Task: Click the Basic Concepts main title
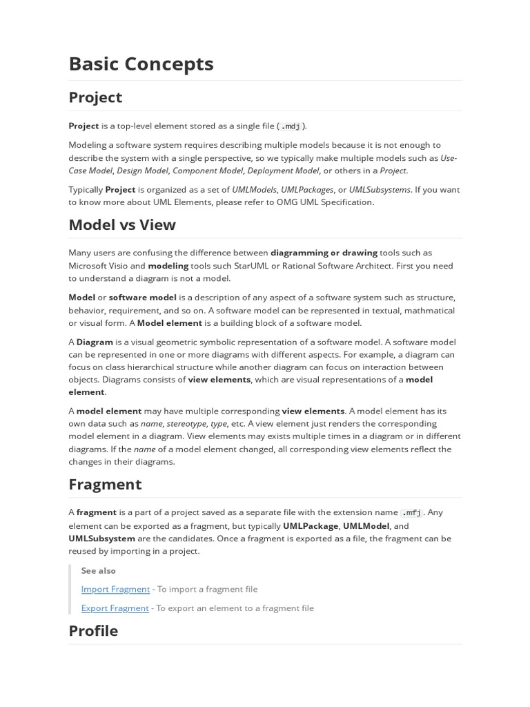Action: pyautogui.click(x=141, y=64)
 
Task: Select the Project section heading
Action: pyautogui.click(x=95, y=97)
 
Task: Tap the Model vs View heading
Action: pyautogui.click(x=122, y=224)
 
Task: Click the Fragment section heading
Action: pyautogui.click(x=105, y=484)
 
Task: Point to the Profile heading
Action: pyautogui.click(x=93, y=630)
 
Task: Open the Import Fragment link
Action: pyautogui.click(x=115, y=589)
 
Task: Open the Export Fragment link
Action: pyautogui.click(x=115, y=608)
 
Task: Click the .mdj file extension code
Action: pyautogui.click(x=291, y=126)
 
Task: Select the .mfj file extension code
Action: pyautogui.click(x=412, y=513)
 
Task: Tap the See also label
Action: pyautogui.click(x=98, y=570)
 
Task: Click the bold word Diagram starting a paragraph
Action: pyautogui.click(x=95, y=342)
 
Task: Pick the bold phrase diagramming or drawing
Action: pyautogui.click(x=324, y=253)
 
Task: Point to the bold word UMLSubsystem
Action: pyautogui.click(x=101, y=538)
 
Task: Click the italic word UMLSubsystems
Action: pyautogui.click(x=380, y=189)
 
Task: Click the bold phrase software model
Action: pyautogui.click(x=143, y=297)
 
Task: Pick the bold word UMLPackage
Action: pyautogui.click(x=311, y=525)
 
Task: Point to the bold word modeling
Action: pyautogui.click(x=168, y=265)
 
